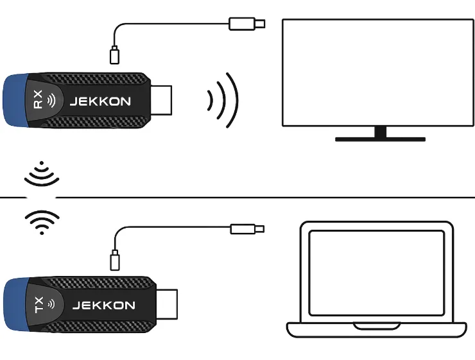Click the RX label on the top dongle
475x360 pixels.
point(38,99)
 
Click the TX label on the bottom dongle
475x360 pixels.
point(39,305)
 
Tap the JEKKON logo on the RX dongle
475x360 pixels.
point(100,101)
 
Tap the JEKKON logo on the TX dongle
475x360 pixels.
point(104,305)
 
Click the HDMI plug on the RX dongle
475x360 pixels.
point(161,100)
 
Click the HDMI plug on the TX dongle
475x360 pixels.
point(167,304)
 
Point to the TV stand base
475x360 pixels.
point(380,139)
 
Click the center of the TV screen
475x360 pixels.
point(378,73)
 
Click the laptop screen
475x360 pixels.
point(377,273)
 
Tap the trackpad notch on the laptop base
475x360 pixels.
point(377,327)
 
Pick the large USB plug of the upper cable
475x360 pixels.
point(247,24)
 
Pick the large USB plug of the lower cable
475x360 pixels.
point(247,229)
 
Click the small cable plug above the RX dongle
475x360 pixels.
point(114,55)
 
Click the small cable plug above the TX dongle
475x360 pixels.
point(114,260)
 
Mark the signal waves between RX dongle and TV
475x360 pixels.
point(223,100)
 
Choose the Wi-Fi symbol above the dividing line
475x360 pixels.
point(42,173)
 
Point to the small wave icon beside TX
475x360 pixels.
point(52,304)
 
